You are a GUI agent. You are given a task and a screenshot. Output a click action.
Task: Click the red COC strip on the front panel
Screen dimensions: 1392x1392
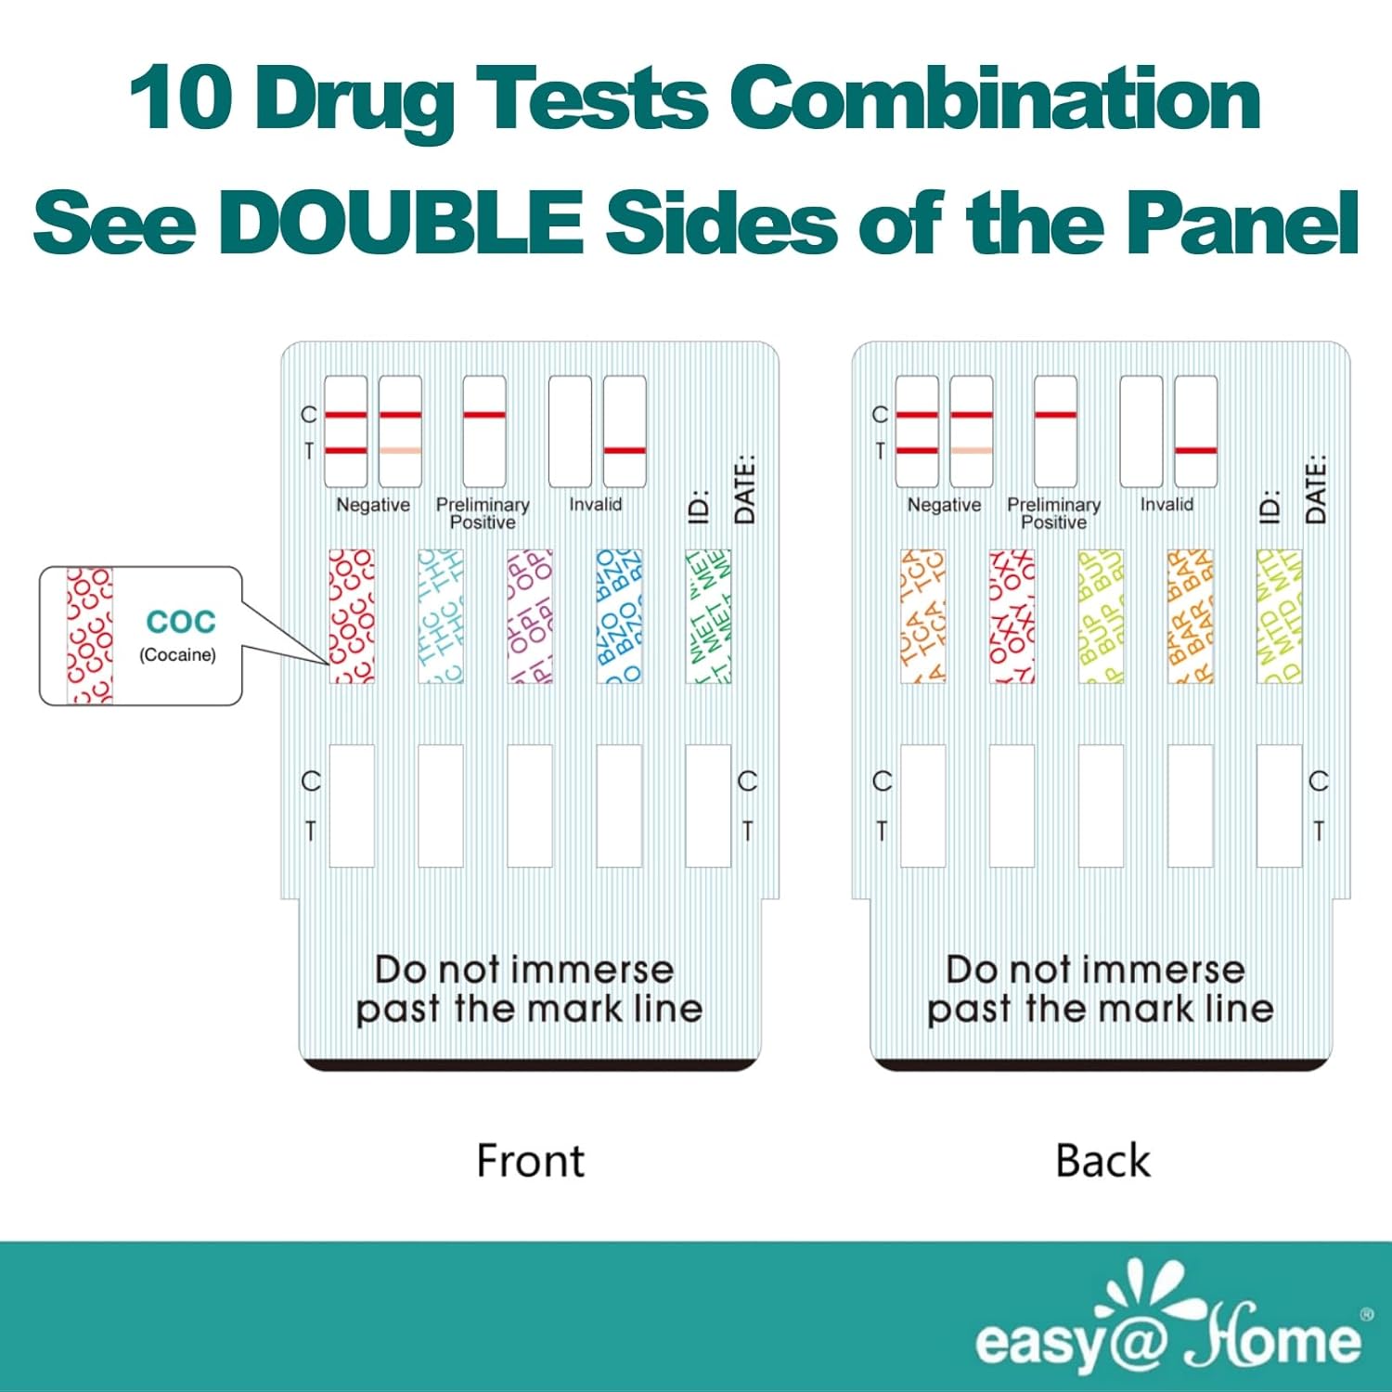click(x=352, y=616)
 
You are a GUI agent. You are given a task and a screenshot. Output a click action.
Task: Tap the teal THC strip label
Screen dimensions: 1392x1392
click(x=441, y=616)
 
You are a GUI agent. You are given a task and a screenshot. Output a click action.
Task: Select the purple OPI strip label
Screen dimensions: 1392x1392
click(x=530, y=616)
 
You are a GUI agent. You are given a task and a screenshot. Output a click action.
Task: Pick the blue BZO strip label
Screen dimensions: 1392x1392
click(x=619, y=616)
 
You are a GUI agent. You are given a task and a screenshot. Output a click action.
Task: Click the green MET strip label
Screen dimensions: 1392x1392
click(x=708, y=616)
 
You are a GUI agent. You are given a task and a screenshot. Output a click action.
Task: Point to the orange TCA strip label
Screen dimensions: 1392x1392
click(x=922, y=616)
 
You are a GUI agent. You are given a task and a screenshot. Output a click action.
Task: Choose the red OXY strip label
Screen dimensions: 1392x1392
click(x=1012, y=616)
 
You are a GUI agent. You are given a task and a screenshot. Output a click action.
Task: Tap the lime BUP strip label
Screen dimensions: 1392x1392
click(x=1101, y=616)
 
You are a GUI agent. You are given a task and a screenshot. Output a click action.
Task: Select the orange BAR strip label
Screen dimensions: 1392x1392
click(x=1190, y=616)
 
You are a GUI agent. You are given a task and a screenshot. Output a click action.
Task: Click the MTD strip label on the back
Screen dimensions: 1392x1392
click(x=1279, y=616)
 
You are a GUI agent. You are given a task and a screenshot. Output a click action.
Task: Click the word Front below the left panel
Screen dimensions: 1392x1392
click(x=530, y=1161)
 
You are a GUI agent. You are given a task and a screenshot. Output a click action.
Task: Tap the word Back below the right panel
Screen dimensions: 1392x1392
click(x=1102, y=1161)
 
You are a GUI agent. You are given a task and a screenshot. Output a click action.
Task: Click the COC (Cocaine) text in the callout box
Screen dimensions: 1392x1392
click(x=179, y=635)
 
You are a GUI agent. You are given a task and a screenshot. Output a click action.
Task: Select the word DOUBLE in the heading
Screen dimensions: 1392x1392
click(x=400, y=223)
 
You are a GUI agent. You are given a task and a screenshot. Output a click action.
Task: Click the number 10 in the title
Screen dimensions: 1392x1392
click(x=181, y=97)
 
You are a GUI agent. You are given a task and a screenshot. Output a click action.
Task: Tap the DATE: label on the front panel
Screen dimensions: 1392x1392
click(x=744, y=489)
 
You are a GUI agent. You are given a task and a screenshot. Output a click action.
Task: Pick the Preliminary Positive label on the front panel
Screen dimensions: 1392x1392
click(x=483, y=513)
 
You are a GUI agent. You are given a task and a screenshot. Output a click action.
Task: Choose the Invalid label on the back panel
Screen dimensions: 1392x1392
click(x=1166, y=505)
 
